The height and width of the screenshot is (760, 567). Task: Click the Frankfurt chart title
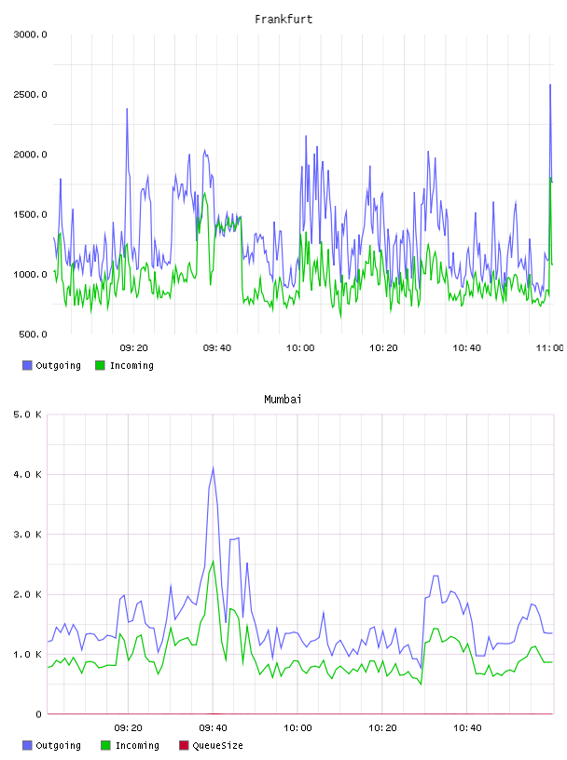[283, 19]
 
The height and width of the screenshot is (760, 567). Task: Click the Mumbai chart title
[283, 399]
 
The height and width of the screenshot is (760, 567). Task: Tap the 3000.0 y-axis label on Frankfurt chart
[30, 34]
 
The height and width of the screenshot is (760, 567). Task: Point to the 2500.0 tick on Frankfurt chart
[30, 94]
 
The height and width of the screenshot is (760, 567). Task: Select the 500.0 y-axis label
[33, 334]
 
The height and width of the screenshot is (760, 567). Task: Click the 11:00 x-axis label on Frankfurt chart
[549, 348]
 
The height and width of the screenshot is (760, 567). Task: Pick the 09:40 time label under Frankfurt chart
[217, 348]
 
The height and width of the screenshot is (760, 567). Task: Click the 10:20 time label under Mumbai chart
[382, 728]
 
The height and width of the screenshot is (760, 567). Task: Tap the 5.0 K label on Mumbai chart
[27, 414]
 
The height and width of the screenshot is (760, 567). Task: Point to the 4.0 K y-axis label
[27, 474]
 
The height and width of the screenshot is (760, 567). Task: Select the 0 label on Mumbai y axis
[38, 714]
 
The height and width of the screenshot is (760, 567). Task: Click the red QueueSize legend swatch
[184, 745]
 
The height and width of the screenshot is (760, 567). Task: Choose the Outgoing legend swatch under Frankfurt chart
[27, 365]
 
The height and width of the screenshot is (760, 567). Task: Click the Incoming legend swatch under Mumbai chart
[105, 745]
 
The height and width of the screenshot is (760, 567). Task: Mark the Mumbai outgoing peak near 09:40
[214, 468]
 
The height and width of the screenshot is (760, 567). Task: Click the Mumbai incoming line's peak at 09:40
[214, 561]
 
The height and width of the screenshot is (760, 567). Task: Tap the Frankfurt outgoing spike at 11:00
[550, 85]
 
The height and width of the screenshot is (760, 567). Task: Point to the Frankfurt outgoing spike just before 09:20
[127, 109]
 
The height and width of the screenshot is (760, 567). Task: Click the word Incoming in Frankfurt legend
[131, 365]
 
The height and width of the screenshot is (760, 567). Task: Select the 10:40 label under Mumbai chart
[467, 728]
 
